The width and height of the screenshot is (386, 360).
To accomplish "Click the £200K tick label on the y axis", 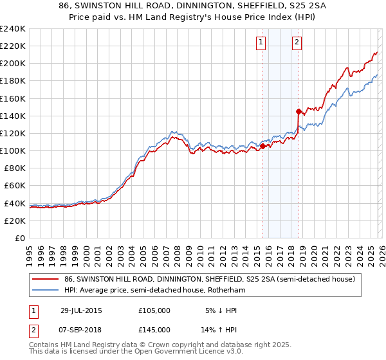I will (x=12, y=64).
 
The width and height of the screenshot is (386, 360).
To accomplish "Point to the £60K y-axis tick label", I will (x=14, y=186).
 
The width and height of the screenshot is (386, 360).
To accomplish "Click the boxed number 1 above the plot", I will (x=261, y=43).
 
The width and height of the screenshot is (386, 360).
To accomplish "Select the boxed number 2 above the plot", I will (x=297, y=43).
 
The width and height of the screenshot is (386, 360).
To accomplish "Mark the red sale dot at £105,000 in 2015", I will (x=263, y=146).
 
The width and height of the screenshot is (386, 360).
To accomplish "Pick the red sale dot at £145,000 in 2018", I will (x=299, y=111).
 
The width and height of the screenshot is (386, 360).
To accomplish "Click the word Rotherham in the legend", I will (x=227, y=291).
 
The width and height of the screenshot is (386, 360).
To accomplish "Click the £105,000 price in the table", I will (x=154, y=310).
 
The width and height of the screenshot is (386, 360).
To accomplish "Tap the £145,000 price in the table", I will (x=154, y=329).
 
